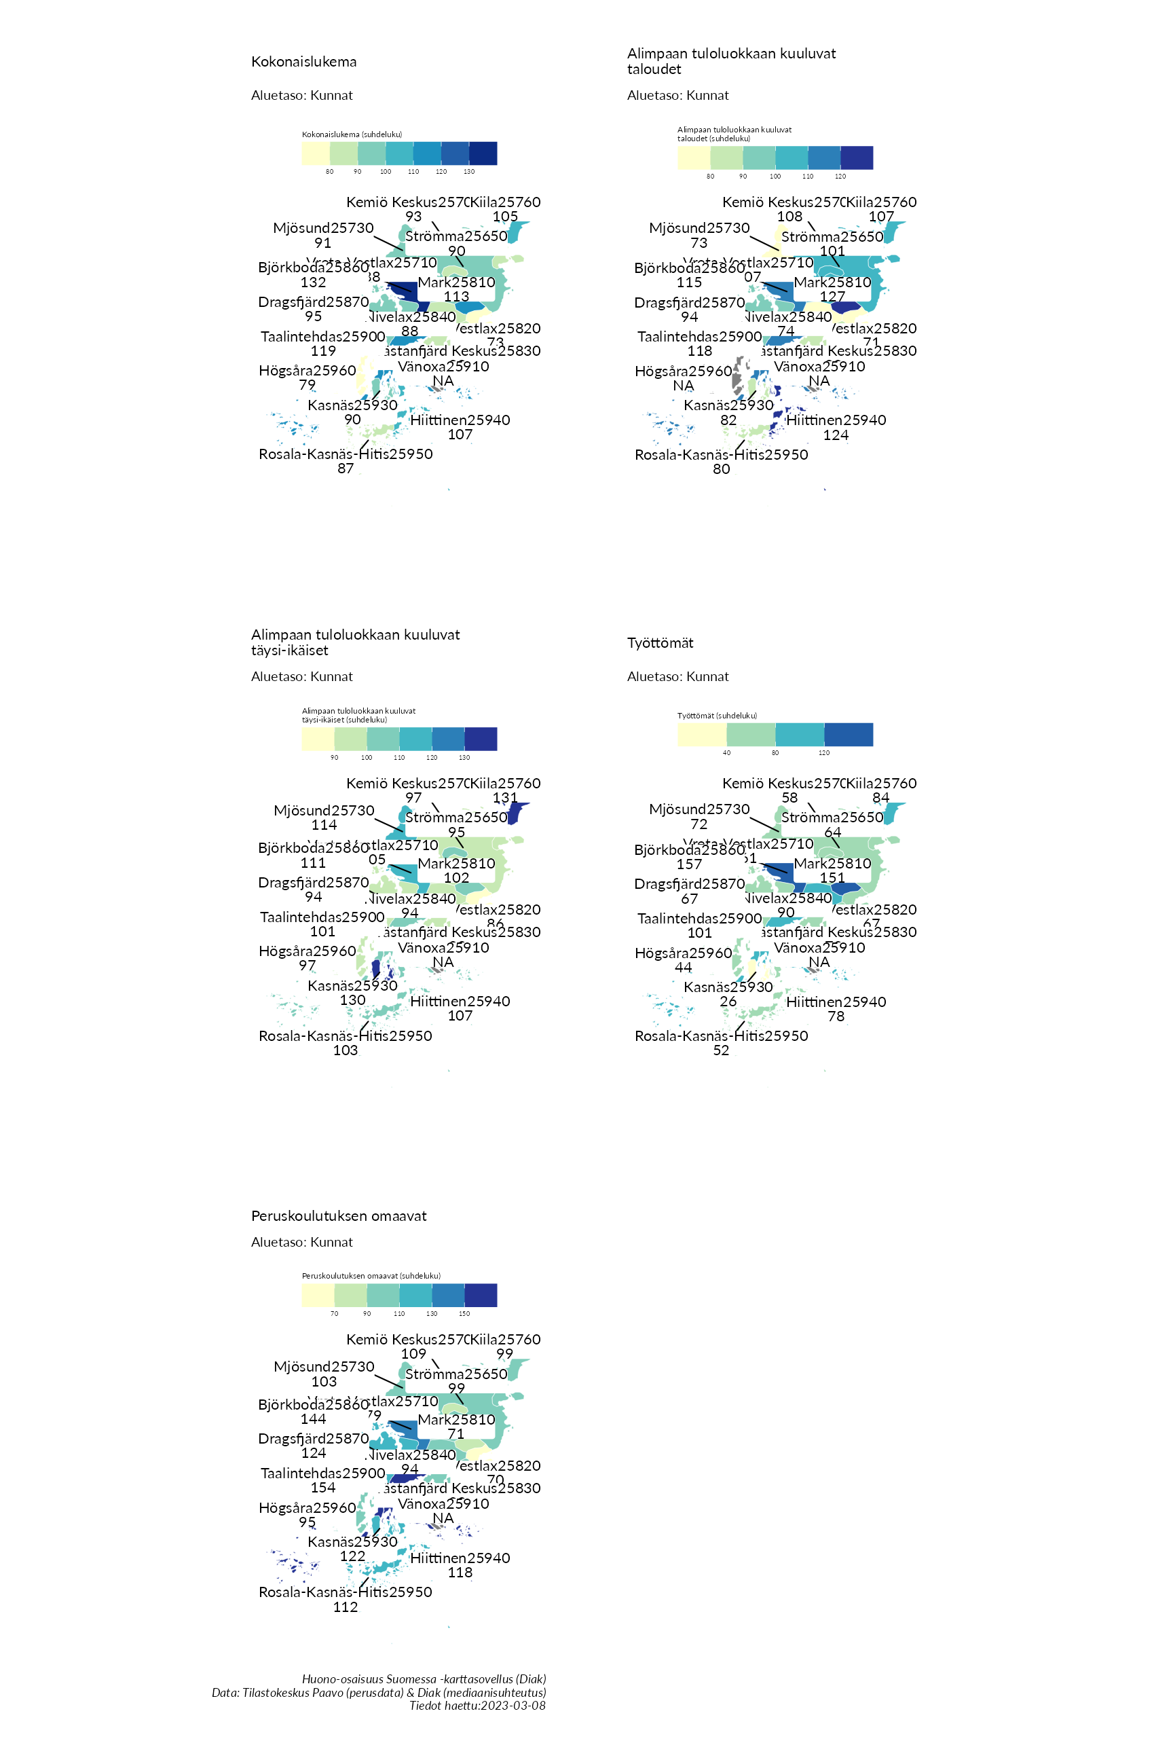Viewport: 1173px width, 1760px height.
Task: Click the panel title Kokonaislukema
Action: tap(303, 61)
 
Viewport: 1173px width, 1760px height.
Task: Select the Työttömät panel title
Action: tap(660, 643)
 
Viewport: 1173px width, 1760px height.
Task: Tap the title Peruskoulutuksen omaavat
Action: tap(339, 1216)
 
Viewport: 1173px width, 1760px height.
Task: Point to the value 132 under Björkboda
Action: tap(314, 282)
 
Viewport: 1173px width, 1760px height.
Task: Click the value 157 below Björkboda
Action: tap(689, 864)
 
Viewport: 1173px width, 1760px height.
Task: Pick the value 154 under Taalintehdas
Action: tap(323, 1488)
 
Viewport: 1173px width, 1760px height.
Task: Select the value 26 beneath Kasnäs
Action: tap(728, 1002)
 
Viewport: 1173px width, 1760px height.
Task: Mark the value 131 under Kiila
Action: tap(505, 798)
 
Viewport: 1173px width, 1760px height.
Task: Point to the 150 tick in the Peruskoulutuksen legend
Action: tap(464, 1313)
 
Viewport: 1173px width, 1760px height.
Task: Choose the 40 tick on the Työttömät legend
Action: tap(726, 753)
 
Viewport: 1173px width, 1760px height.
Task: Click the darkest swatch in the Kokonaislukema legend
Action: tap(483, 153)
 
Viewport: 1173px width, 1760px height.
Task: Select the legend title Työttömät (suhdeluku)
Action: tap(717, 716)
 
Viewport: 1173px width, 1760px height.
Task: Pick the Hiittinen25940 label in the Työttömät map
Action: tap(836, 1002)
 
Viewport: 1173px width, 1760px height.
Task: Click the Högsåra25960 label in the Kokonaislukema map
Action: tap(308, 371)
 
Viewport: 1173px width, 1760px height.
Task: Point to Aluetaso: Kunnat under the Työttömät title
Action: tap(677, 676)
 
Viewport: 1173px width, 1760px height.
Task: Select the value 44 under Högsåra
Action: tap(683, 968)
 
